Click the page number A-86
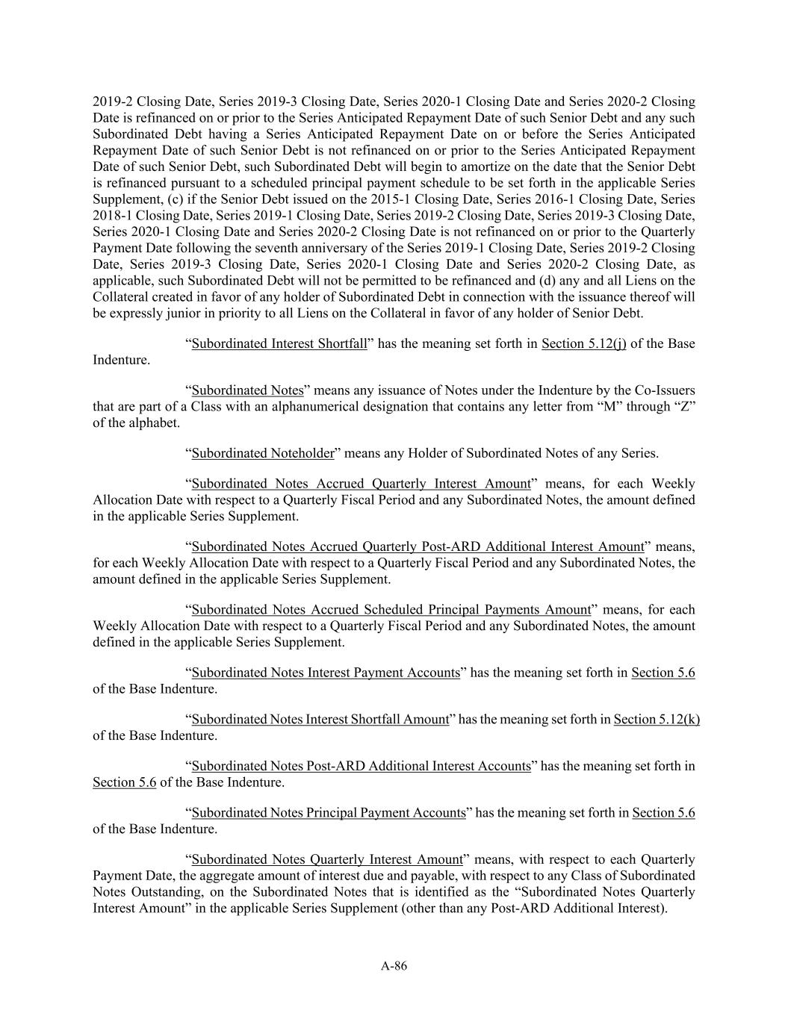(394, 966)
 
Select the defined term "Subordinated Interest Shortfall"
(279, 344)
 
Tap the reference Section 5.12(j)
(583, 344)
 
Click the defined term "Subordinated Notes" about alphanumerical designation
(247, 390)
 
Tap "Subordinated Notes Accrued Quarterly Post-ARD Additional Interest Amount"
(418, 546)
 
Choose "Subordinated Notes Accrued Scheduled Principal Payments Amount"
(391, 610)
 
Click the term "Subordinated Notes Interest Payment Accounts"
(326, 673)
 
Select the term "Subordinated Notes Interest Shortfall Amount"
(320, 720)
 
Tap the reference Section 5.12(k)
(657, 720)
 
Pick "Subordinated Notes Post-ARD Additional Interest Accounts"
(361, 766)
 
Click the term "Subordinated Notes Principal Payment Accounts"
(329, 813)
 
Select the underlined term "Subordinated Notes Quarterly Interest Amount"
(327, 859)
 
